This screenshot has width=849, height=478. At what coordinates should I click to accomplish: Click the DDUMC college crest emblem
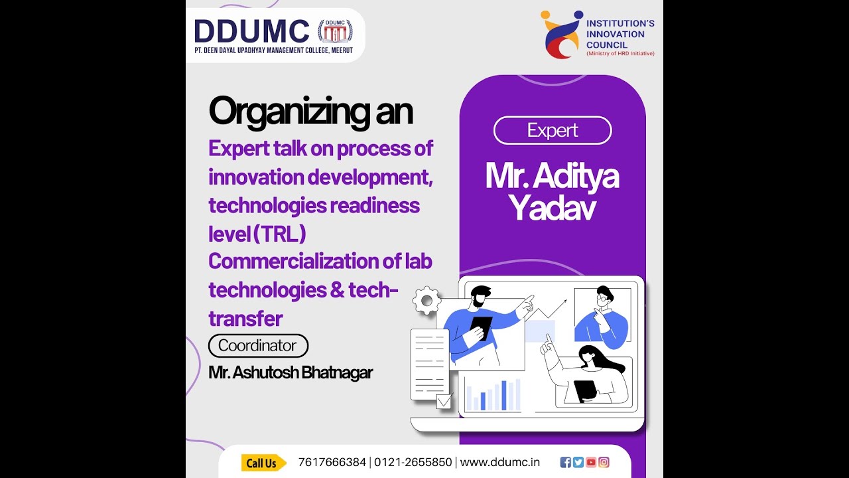(x=335, y=32)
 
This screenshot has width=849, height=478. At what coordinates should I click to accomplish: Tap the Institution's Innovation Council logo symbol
(x=562, y=35)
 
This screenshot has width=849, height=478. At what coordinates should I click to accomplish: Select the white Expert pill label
(x=553, y=131)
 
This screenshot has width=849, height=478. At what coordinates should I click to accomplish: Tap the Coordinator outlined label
(x=258, y=346)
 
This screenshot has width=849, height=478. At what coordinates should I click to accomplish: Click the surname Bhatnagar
(x=337, y=372)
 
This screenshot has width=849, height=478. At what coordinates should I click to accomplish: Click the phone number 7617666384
(x=332, y=463)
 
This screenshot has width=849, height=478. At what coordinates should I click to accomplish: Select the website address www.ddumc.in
(x=499, y=463)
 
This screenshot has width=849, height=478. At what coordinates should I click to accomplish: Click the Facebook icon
(x=566, y=463)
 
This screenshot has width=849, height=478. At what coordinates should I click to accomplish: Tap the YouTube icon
(x=591, y=463)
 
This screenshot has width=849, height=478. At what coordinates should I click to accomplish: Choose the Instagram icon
(x=604, y=463)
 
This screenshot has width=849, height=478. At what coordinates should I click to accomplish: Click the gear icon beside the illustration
(x=426, y=301)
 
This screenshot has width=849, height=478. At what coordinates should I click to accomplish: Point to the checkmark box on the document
(x=444, y=400)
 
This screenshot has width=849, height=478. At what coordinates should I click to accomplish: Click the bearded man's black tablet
(x=481, y=328)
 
